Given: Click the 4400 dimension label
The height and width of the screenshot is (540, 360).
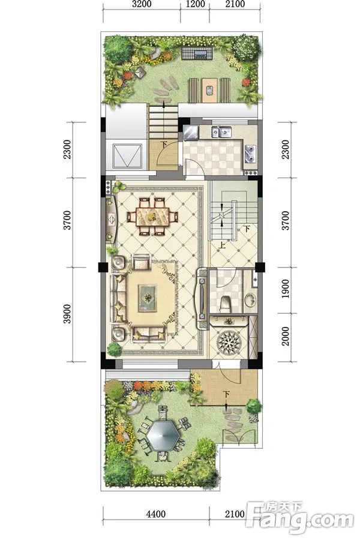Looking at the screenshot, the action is [x=156, y=514].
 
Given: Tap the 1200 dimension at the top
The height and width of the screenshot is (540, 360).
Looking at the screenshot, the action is [x=195, y=4].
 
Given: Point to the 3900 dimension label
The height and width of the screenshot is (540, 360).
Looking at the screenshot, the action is [x=68, y=314].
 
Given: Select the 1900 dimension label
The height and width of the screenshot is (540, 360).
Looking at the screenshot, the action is [x=286, y=289].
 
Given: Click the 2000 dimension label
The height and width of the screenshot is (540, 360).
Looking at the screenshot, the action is [x=286, y=337].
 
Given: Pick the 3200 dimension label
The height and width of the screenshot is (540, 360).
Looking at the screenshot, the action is [x=142, y=4].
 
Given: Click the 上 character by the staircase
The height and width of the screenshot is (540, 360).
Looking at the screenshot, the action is [x=222, y=245].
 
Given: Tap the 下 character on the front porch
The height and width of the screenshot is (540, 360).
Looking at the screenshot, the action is [x=226, y=394].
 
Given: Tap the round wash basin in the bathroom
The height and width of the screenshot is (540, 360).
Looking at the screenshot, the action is [x=250, y=299].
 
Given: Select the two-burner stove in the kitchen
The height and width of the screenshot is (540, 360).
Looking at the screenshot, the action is [x=250, y=154].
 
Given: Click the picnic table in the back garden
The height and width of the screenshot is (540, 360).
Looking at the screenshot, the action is [x=210, y=90].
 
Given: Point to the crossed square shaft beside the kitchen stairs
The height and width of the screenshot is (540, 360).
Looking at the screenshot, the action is [x=127, y=156].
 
